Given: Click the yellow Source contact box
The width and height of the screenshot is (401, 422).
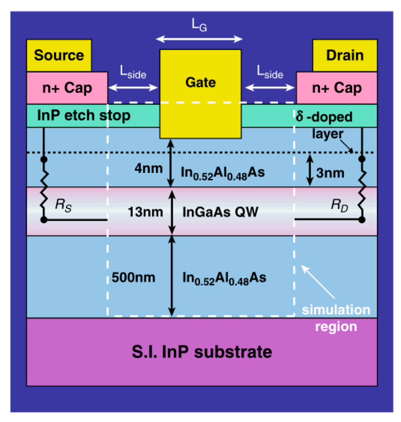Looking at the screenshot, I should pyautogui.click(x=59, y=55).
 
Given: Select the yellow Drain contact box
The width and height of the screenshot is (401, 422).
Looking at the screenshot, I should pyautogui.click(x=345, y=55).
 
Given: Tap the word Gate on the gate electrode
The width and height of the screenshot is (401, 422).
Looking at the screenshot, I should pyautogui.click(x=200, y=82).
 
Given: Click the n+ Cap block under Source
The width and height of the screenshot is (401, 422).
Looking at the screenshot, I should pyautogui.click(x=67, y=88).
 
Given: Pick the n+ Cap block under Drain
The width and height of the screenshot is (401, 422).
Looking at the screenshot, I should pyautogui.click(x=337, y=88).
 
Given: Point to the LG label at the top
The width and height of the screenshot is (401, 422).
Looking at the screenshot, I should pyautogui.click(x=199, y=25).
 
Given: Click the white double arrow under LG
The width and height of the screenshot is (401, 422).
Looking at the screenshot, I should pyautogui.click(x=199, y=39).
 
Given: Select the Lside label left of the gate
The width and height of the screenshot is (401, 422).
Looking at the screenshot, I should pyautogui.click(x=133, y=72).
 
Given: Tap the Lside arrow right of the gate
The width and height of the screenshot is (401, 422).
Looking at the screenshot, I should pyautogui.click(x=270, y=88).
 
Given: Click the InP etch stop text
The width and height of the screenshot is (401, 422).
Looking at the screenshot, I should pyautogui.click(x=84, y=115).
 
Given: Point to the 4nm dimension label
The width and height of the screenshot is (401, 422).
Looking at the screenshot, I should pyautogui.click(x=148, y=169).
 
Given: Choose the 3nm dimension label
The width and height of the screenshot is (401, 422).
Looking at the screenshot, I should pyautogui.click(x=330, y=173).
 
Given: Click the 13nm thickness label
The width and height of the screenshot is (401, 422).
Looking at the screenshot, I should pyautogui.click(x=145, y=212).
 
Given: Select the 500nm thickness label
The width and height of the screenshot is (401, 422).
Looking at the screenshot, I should pyautogui.click(x=133, y=277).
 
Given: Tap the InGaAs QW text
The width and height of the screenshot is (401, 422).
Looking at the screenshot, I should pyautogui.click(x=220, y=212).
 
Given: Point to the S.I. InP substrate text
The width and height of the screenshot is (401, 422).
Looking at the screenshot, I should pyautogui.click(x=202, y=352).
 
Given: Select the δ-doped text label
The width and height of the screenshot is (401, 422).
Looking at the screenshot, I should pyautogui.click(x=324, y=116).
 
